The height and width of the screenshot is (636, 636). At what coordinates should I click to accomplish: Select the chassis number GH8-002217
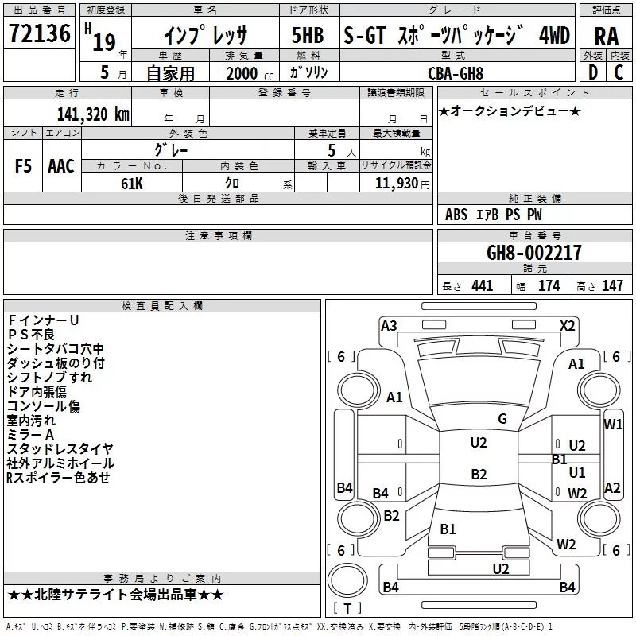(x=533, y=253)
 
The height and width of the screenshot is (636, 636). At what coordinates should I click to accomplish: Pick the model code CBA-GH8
(x=456, y=72)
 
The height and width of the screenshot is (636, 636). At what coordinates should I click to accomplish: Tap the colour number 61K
(x=132, y=184)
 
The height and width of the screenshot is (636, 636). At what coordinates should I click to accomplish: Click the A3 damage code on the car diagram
(x=389, y=325)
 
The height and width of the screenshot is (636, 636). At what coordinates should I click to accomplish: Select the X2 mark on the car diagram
(x=567, y=325)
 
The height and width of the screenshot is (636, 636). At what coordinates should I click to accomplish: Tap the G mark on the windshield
(x=502, y=419)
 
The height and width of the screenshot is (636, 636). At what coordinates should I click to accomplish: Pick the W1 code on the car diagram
(x=613, y=424)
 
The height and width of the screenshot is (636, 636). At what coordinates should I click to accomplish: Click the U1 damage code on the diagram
(x=577, y=473)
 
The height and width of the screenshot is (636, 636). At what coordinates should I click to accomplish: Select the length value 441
(x=482, y=286)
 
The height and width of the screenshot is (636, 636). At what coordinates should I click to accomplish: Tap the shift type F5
(x=24, y=166)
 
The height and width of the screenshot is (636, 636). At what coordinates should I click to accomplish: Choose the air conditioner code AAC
(x=61, y=166)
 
